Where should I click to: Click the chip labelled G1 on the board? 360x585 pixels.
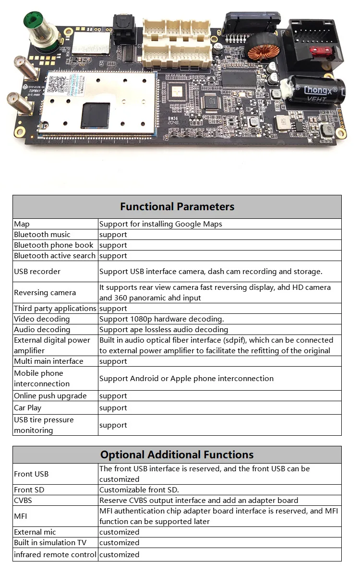[211, 101]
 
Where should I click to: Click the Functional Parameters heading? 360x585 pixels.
[177, 207]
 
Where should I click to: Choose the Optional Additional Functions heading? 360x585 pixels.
[177, 454]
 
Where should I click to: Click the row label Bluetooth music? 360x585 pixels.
[42, 235]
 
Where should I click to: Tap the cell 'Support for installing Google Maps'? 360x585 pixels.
[160, 224]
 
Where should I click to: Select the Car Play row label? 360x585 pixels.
[28, 408]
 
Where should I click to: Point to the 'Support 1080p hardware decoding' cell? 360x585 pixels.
[162, 319]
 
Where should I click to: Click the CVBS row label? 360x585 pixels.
[24, 501]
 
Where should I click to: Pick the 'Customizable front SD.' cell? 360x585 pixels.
[139, 490]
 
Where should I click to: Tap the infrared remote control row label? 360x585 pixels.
[55, 555]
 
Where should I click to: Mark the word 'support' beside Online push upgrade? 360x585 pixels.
[113, 396]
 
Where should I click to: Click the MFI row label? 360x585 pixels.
[21, 516]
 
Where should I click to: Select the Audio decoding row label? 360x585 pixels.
[42, 330]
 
